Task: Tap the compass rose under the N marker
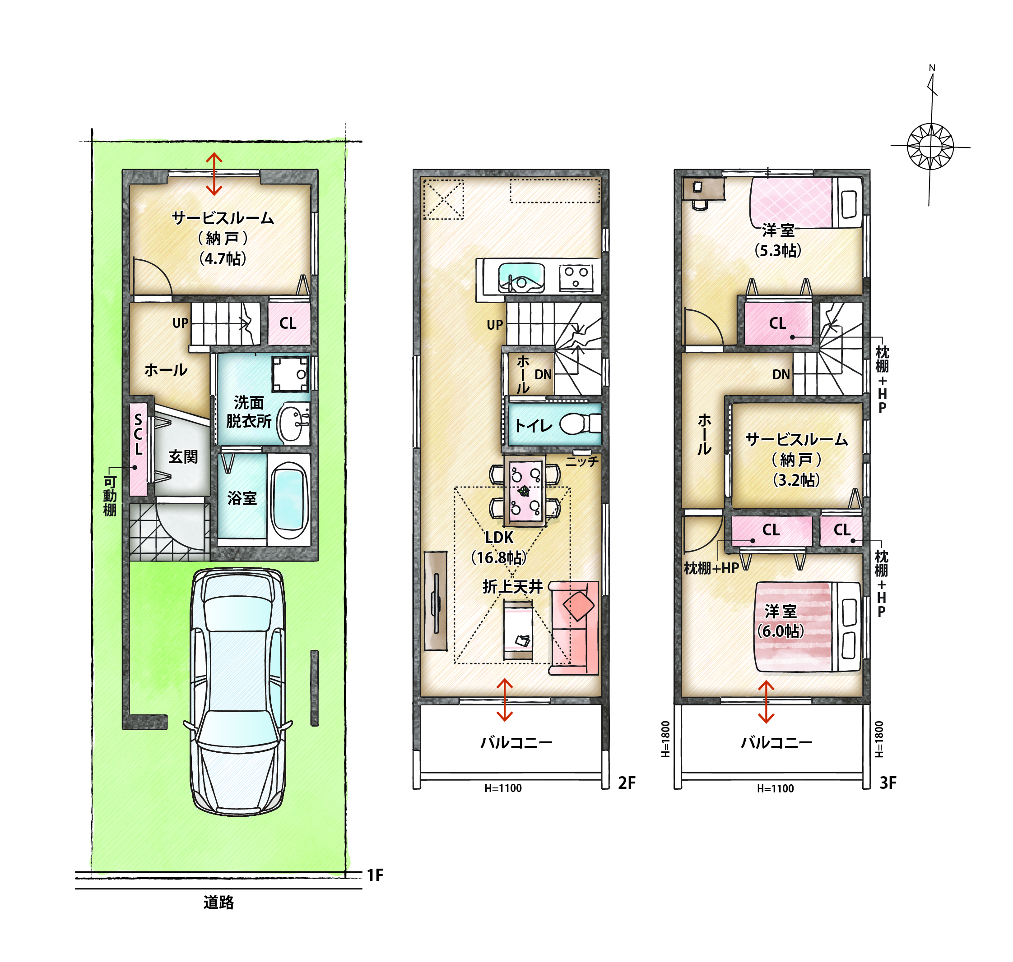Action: [930, 146]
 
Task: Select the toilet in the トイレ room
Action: [581, 424]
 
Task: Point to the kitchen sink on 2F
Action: [521, 277]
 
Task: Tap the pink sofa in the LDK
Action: [574, 628]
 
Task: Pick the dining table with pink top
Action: [525, 490]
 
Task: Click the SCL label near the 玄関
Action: [138, 435]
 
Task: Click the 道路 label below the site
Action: [218, 902]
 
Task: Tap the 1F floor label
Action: [375, 875]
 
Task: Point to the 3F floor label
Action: [888, 783]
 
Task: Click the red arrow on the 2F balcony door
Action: [505, 700]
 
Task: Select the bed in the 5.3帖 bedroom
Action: [806, 203]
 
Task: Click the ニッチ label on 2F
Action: [582, 461]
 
